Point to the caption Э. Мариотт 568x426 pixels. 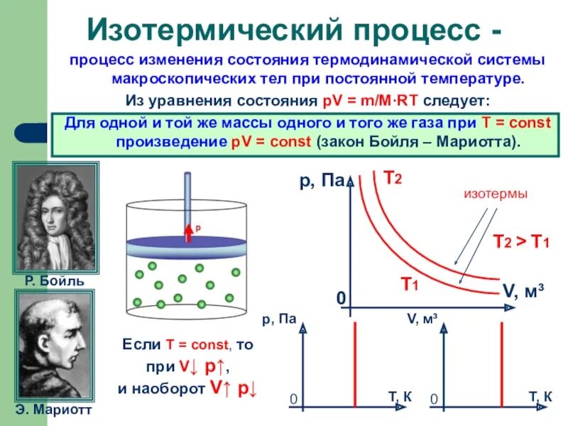(x=55, y=410)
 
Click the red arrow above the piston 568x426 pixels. (x=190, y=231)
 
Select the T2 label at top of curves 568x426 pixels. (x=393, y=177)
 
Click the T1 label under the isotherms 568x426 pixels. (x=409, y=285)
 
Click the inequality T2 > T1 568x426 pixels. (x=521, y=241)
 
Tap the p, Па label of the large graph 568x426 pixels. (x=321, y=182)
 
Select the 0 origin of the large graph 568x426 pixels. (x=341, y=299)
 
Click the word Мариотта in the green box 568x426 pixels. (x=481, y=141)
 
